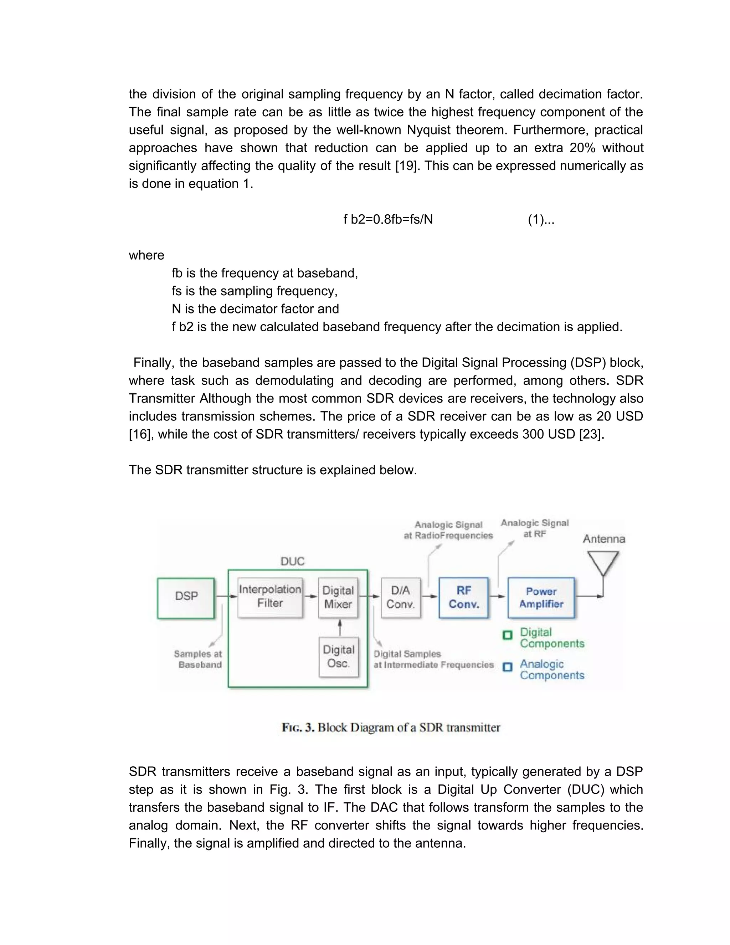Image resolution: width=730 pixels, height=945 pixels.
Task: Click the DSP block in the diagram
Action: click(186, 598)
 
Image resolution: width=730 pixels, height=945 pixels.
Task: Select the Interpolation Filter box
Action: click(270, 597)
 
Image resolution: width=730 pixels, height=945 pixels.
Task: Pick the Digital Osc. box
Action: click(339, 657)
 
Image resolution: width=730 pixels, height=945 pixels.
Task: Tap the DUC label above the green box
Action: click(292, 561)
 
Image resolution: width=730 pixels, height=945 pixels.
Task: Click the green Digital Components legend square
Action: click(507, 635)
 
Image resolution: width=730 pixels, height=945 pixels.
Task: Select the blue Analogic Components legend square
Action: click(507, 667)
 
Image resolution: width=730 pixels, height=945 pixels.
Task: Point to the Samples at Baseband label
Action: click(198, 659)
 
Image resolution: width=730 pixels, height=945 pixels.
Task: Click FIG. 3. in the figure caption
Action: click(298, 727)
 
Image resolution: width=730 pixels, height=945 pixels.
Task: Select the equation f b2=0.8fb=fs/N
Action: click(388, 220)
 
